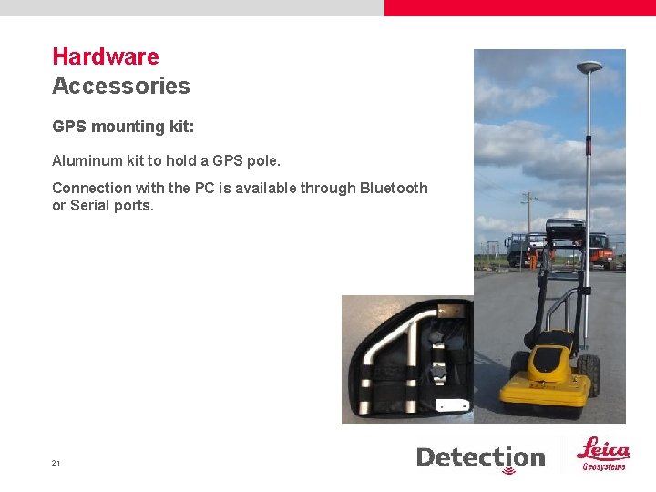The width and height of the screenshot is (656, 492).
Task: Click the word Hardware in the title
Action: [106, 56]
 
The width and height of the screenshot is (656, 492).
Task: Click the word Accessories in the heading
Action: [121, 87]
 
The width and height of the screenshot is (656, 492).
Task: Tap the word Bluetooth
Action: [394, 188]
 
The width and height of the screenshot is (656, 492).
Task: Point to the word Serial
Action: [92, 206]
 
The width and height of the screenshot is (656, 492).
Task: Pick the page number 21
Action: [56, 463]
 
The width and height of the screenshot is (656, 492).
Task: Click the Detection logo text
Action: [480, 457]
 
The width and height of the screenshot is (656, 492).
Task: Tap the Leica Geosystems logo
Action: [604, 454]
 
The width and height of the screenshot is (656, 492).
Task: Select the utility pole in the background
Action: [528, 223]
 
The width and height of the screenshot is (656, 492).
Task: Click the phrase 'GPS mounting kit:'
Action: [123, 127]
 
